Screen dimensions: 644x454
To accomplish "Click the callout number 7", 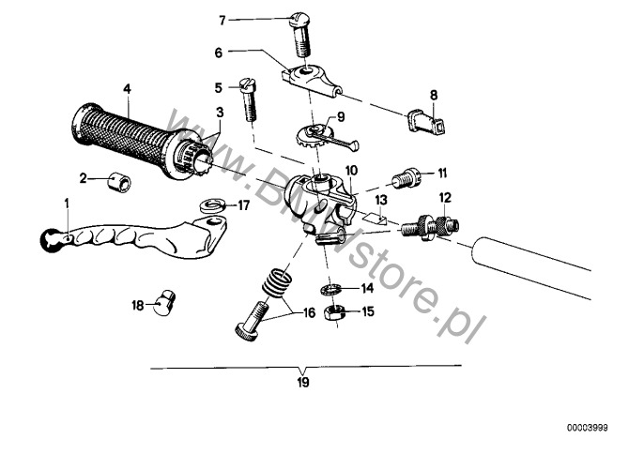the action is point(222,20).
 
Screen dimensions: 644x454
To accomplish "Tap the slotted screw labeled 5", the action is point(249,98).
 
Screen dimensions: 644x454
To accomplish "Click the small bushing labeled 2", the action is point(119,181).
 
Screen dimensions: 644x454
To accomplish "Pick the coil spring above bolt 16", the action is point(277,282).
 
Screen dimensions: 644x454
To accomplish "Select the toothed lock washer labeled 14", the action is point(330,289).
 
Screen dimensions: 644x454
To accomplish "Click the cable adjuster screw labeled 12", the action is point(429,227).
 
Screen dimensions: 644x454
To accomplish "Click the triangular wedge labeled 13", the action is point(377,217).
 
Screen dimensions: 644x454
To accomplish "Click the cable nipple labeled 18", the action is point(164,303).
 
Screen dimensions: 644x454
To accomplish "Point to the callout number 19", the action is point(302,383).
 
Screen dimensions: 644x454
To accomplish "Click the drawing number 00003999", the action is point(588,428).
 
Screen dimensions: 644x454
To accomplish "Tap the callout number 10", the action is point(351,171).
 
